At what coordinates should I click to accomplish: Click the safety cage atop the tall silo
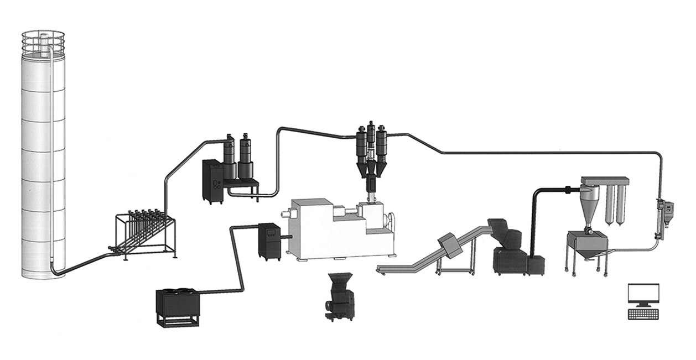click(x=43, y=43)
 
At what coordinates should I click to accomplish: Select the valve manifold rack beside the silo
click(x=145, y=232)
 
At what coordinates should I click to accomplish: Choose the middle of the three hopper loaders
click(x=371, y=145)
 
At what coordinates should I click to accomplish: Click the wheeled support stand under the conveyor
click(x=456, y=264)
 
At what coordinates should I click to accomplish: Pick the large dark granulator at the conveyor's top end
click(x=509, y=249)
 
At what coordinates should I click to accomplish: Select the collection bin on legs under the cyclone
click(x=586, y=246)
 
